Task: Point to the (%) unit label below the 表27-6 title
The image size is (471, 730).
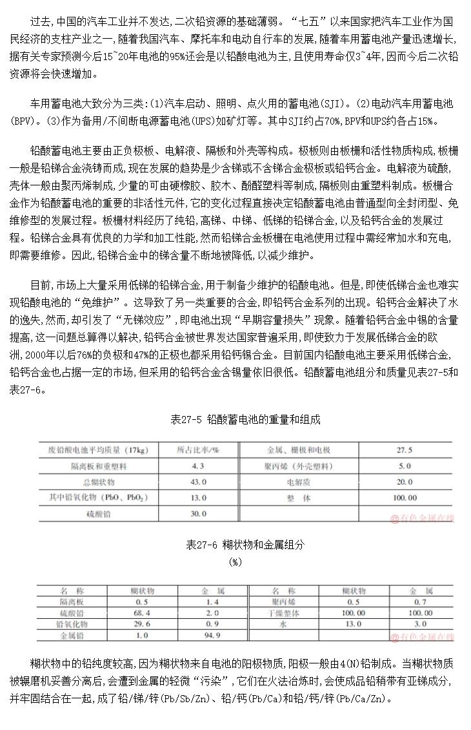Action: tap(235, 561)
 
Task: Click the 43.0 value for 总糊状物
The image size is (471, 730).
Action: tap(198, 482)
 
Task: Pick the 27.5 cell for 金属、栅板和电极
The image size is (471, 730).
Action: tap(405, 450)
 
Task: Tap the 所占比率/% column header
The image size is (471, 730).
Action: tap(198, 450)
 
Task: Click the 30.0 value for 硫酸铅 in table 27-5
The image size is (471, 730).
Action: tap(198, 514)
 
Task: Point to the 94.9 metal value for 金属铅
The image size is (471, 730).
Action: tap(212, 636)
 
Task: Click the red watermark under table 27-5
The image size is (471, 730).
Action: tap(422, 517)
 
